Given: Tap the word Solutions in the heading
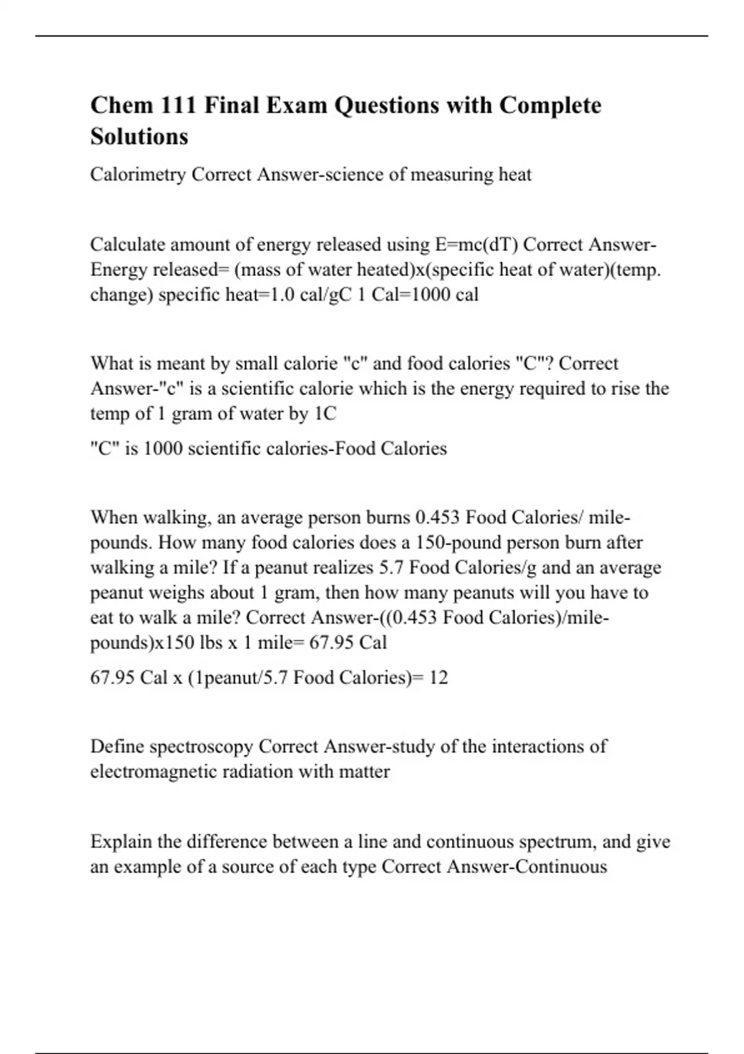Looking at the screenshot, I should [139, 136].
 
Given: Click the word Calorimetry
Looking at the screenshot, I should [138, 175].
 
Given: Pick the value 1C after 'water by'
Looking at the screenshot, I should [325, 414].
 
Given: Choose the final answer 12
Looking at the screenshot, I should [438, 678].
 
